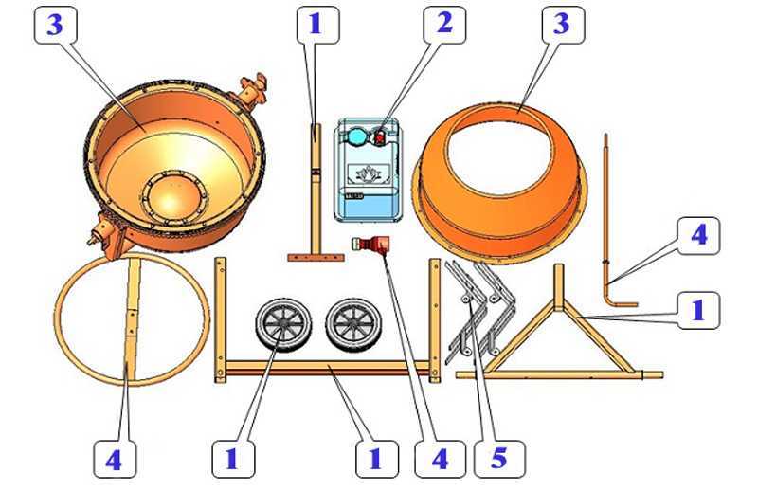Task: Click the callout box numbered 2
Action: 444,25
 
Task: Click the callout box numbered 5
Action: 500,459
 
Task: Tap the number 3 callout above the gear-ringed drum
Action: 56,25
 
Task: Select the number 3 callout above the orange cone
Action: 563,25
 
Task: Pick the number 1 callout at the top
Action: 317,25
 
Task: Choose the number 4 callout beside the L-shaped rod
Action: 698,236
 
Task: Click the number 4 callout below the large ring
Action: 115,459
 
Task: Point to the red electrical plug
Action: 370,244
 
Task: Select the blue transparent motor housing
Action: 369,170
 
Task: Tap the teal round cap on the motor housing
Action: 357,136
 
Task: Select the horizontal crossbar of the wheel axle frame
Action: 327,368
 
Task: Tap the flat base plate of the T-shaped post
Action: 316,258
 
